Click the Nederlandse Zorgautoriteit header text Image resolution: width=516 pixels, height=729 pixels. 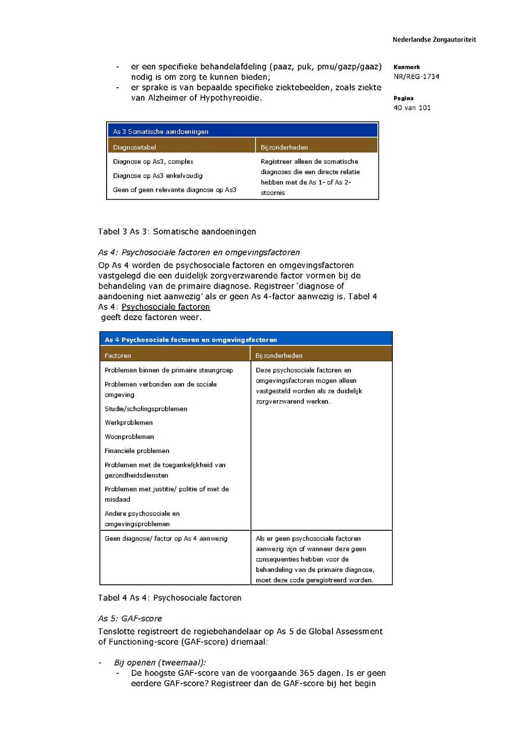tap(434, 40)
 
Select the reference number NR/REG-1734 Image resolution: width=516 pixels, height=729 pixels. tap(416, 77)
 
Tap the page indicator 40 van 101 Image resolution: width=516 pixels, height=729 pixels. tap(412, 108)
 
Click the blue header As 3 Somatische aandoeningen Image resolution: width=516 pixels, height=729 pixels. tap(161, 131)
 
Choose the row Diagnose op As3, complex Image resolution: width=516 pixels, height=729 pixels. tap(153, 161)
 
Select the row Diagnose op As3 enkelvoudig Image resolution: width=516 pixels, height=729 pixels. tap(158, 176)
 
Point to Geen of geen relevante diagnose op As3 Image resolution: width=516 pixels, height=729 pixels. tap(174, 190)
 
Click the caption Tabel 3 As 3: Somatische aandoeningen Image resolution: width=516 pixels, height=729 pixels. tap(177, 231)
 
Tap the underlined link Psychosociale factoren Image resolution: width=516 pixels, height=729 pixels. tap(166, 307)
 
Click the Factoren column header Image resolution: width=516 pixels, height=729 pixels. tap(118, 356)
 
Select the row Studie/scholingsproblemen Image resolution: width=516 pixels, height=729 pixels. tap(146, 409)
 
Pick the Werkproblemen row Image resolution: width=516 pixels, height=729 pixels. tap(128, 423)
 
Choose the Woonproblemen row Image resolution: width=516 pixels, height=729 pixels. tap(129, 437)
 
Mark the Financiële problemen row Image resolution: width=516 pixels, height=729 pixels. tap(136, 451)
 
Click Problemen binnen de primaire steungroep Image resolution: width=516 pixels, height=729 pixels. tap(169, 370)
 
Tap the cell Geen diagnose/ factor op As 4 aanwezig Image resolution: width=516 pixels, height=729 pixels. tap(166, 538)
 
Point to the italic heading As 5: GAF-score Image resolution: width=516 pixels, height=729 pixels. tap(130, 618)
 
